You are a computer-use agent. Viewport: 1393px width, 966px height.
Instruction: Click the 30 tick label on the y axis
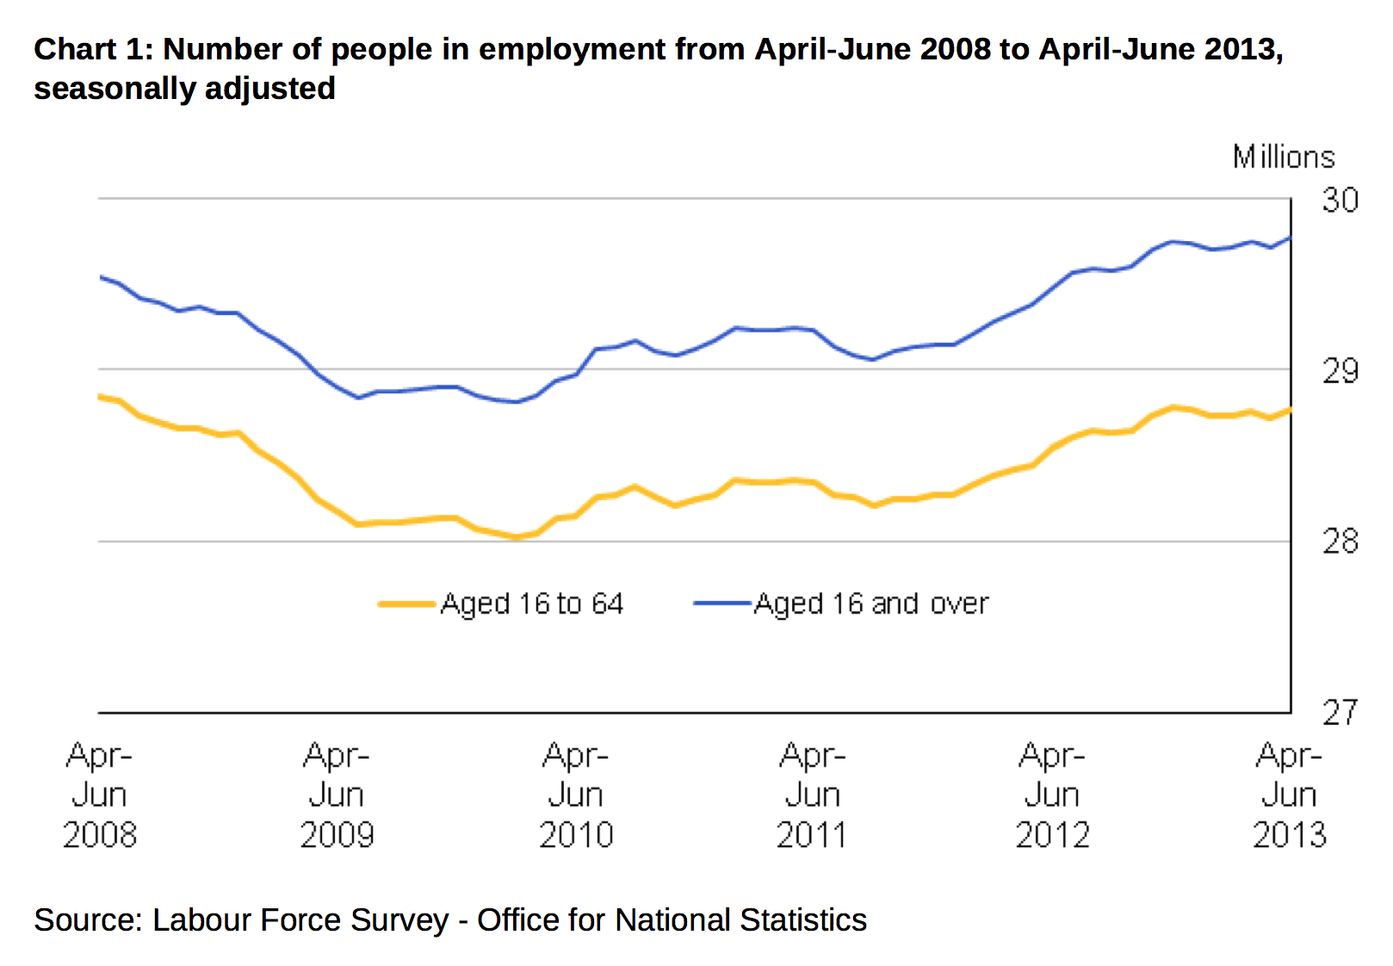1340,200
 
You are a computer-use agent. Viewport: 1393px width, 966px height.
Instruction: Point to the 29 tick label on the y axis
1340,371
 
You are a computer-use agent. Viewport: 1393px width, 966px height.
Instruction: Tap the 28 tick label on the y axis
1340,542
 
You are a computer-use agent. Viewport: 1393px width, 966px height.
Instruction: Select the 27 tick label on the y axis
1340,712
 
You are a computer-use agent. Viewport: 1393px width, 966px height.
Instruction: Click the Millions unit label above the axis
1283,157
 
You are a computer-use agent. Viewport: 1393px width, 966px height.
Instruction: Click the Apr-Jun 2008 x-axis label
99,795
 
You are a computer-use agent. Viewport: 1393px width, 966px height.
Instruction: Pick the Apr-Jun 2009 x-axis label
337,795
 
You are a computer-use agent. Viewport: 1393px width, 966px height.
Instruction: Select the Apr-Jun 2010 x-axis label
576,795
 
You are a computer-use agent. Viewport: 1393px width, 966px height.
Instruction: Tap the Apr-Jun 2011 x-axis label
812,795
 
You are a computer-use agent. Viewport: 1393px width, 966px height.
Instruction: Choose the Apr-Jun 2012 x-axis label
1052,795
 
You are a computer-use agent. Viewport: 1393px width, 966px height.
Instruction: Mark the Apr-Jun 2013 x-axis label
1289,795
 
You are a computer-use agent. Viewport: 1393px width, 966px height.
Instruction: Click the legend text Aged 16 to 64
531,604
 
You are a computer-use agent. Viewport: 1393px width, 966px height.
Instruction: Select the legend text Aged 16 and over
871,604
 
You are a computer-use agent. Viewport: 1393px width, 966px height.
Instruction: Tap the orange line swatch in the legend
407,604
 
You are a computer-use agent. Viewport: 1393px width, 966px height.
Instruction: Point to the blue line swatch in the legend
722,604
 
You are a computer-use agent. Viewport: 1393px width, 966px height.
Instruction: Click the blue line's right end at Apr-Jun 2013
1290,238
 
